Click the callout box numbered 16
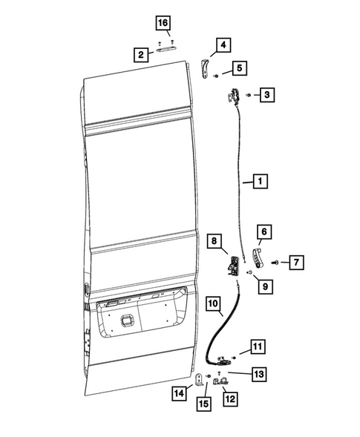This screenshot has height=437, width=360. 163,23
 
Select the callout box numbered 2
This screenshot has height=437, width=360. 139,53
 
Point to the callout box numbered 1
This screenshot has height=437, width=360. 259,180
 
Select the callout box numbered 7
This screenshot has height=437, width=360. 295,262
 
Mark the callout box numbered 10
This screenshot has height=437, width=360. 213,303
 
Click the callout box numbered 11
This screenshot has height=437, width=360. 256,346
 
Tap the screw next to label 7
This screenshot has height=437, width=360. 275,262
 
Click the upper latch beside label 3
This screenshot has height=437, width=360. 234,96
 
